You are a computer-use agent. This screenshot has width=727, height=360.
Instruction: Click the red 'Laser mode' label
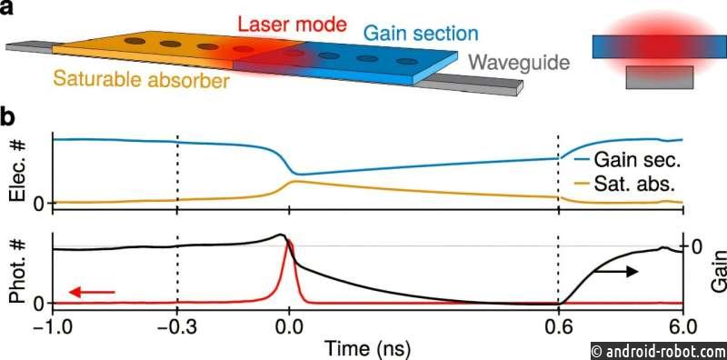[x=291, y=24]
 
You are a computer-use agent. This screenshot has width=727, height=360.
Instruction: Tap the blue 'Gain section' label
[x=421, y=34]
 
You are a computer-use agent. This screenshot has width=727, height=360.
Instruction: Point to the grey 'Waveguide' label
[x=519, y=61]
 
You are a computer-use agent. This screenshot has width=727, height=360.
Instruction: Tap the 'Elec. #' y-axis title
[x=19, y=171]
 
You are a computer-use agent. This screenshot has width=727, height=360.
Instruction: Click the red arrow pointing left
[x=91, y=292]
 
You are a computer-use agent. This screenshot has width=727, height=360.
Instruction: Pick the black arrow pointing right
[x=615, y=272]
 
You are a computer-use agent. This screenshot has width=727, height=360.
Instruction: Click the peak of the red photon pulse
[x=289, y=240]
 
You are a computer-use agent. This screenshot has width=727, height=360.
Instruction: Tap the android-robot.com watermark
[x=658, y=350]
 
